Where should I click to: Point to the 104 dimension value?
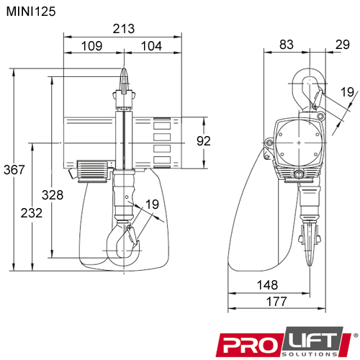point(150,46)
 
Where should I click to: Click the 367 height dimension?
point(14,171)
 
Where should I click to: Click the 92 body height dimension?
point(203,140)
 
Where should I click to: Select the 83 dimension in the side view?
point(286,45)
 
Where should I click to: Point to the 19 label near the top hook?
point(347,91)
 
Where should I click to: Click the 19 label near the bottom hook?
point(151,204)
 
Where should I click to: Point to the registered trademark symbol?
point(355,335)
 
